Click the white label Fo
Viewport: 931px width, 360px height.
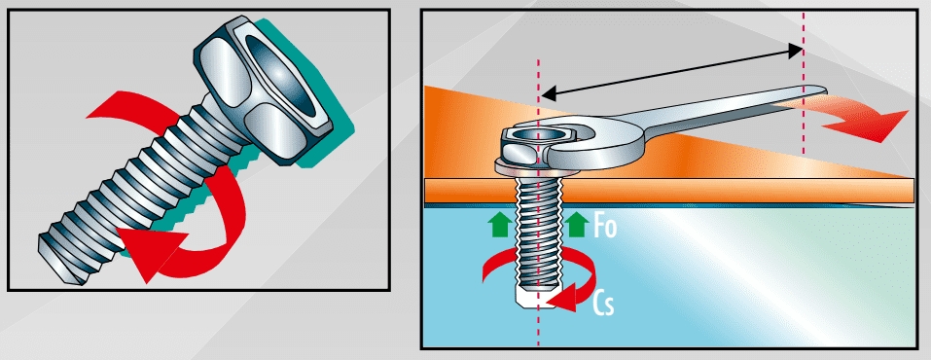coord(605,227)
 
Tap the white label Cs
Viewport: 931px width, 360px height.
coord(603,304)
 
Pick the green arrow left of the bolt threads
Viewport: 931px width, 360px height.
coord(499,227)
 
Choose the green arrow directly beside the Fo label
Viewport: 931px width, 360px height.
coord(575,227)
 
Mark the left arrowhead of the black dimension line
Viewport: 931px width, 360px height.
coord(549,93)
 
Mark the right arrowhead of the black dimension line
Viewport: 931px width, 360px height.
coord(795,51)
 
